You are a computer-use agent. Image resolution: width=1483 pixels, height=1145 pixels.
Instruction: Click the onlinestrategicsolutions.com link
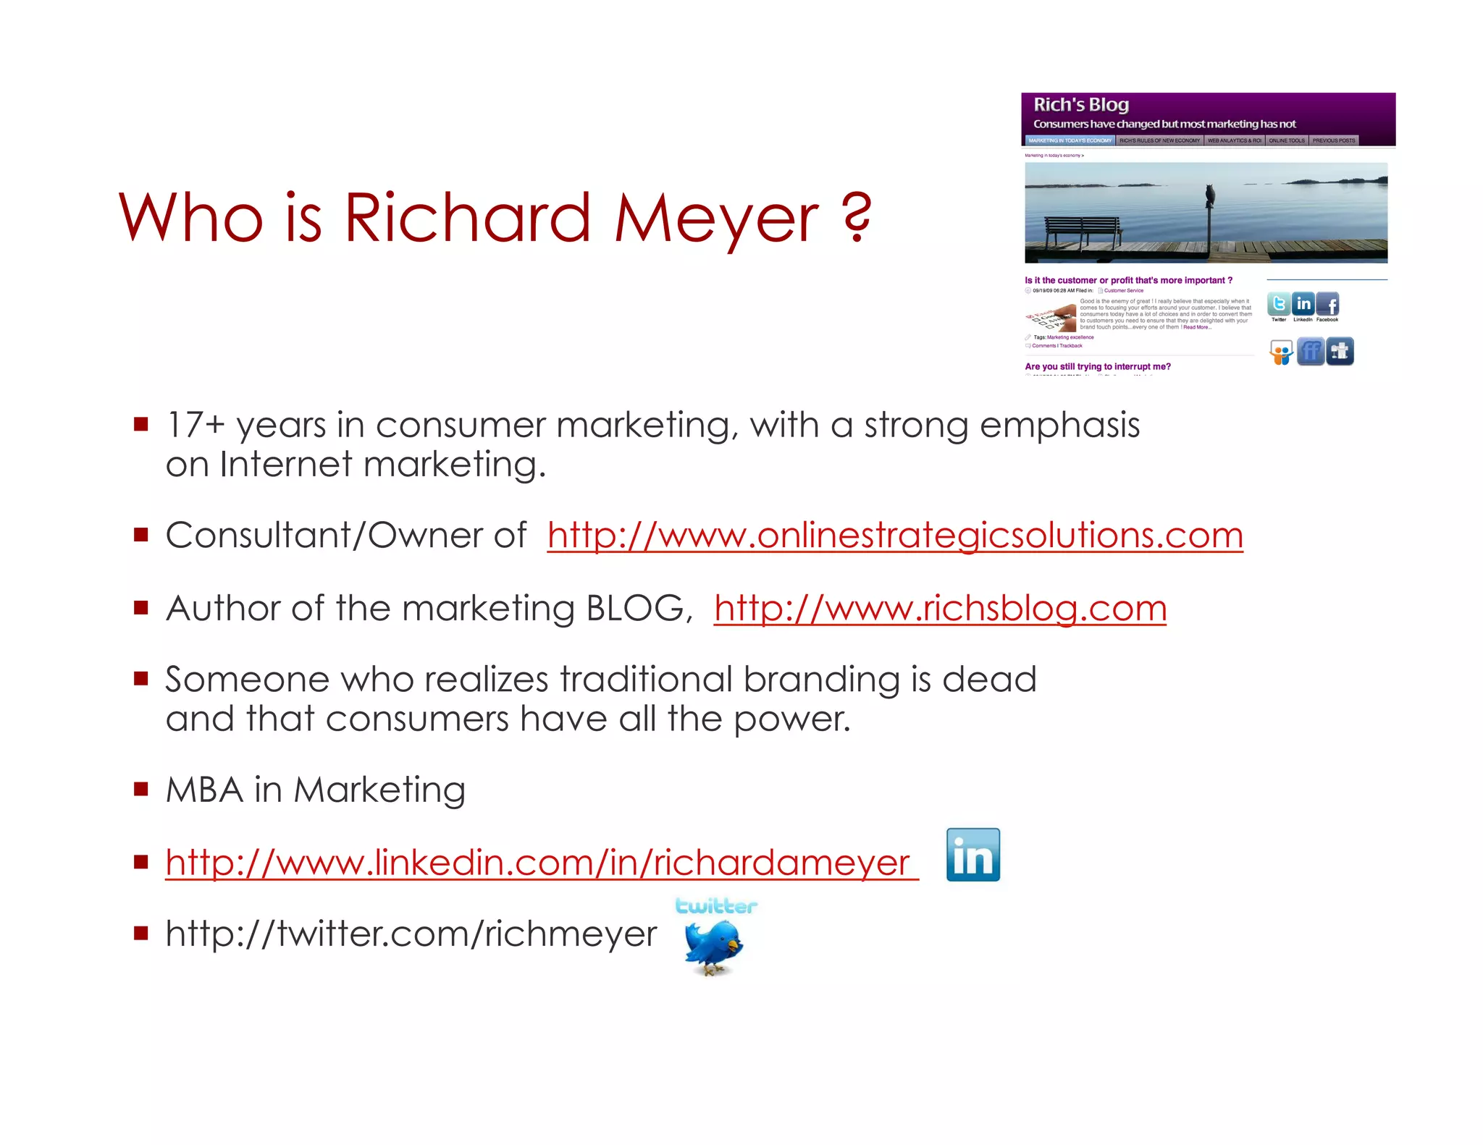(x=895, y=536)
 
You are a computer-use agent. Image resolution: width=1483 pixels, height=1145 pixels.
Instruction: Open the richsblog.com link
(x=940, y=609)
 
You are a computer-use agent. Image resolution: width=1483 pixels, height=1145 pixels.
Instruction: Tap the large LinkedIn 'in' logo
(x=972, y=855)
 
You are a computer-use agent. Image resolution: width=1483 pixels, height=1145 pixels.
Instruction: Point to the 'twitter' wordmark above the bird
(x=715, y=906)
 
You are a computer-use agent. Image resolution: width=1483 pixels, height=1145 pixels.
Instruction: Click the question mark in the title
(x=857, y=217)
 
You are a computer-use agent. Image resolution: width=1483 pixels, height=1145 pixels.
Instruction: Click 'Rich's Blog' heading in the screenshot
(x=1080, y=105)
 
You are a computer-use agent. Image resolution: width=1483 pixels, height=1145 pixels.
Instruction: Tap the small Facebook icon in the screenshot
(x=1327, y=305)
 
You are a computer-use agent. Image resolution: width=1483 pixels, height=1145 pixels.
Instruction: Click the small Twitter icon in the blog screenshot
(x=1279, y=305)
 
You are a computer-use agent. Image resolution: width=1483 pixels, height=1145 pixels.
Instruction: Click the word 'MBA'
(x=204, y=790)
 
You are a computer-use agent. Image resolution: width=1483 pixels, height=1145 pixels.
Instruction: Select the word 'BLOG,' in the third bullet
(x=639, y=609)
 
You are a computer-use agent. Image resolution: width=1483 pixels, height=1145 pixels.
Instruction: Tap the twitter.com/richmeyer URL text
(x=411, y=934)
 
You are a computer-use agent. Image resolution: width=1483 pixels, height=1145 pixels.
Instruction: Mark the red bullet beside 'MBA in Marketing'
(x=140, y=788)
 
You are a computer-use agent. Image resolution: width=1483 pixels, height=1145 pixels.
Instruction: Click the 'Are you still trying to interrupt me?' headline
(x=1097, y=367)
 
